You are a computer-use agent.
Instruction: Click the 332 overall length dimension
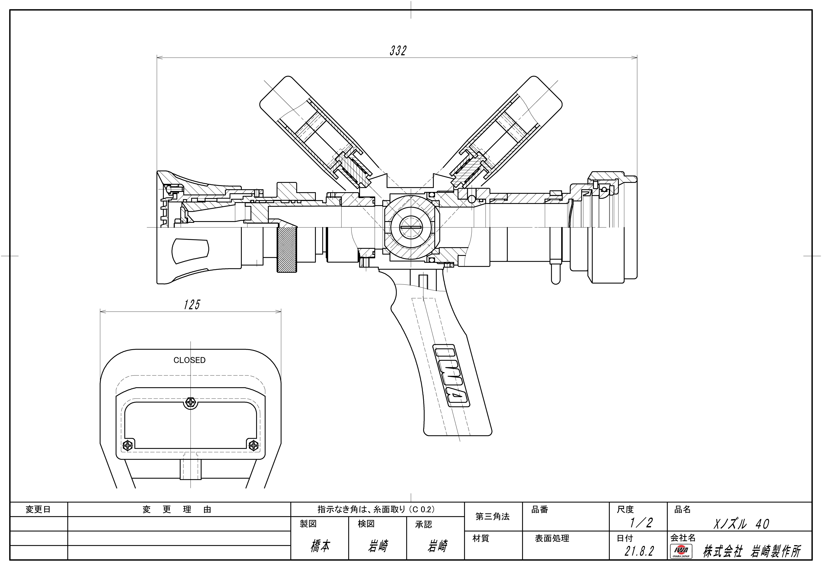click(x=398, y=51)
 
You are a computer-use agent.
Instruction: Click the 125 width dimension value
click(x=192, y=304)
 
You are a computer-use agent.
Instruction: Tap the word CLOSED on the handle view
click(x=190, y=360)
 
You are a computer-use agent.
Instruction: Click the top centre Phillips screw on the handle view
click(x=191, y=402)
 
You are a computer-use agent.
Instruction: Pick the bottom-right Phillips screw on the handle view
click(x=254, y=445)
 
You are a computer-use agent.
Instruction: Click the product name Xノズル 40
click(x=741, y=524)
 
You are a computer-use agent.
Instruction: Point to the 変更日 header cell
click(x=38, y=509)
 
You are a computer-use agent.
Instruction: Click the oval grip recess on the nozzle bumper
click(x=190, y=251)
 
